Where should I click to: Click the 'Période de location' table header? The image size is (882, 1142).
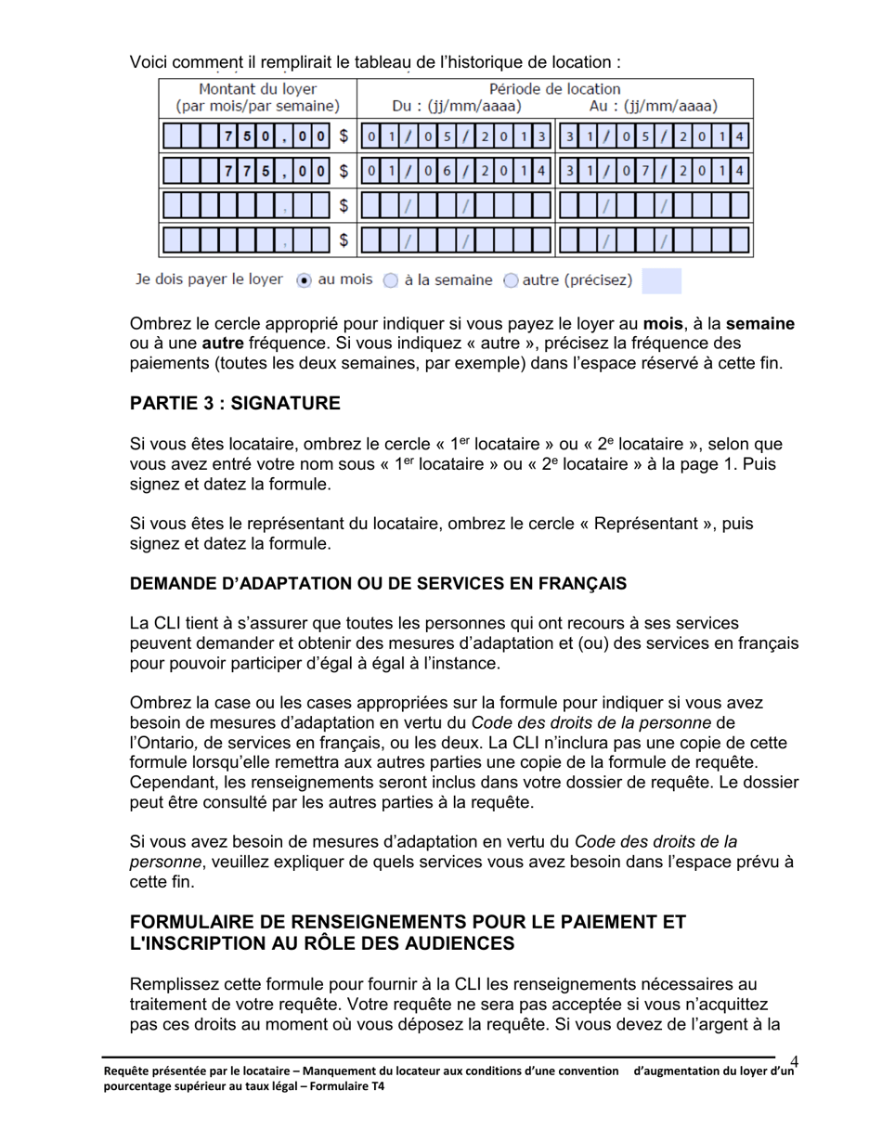554,90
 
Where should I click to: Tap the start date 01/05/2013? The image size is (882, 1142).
455,136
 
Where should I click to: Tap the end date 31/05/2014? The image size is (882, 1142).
654,136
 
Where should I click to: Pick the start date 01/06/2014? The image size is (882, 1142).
455,171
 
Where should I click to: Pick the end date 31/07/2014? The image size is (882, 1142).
654,171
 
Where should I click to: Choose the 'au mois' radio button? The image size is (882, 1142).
303,280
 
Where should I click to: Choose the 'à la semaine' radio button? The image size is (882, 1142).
390,280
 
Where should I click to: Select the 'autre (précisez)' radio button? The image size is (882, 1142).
510,280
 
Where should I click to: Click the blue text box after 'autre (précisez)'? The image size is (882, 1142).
661,280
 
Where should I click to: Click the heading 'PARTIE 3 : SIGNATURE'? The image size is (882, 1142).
235,403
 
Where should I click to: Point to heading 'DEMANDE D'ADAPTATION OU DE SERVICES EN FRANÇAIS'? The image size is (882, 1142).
378,584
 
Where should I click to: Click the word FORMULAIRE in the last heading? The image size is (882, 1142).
201,922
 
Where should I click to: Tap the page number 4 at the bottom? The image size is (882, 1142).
795,1061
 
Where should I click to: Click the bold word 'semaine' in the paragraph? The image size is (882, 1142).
759,324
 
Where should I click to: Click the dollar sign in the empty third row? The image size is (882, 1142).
343,205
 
